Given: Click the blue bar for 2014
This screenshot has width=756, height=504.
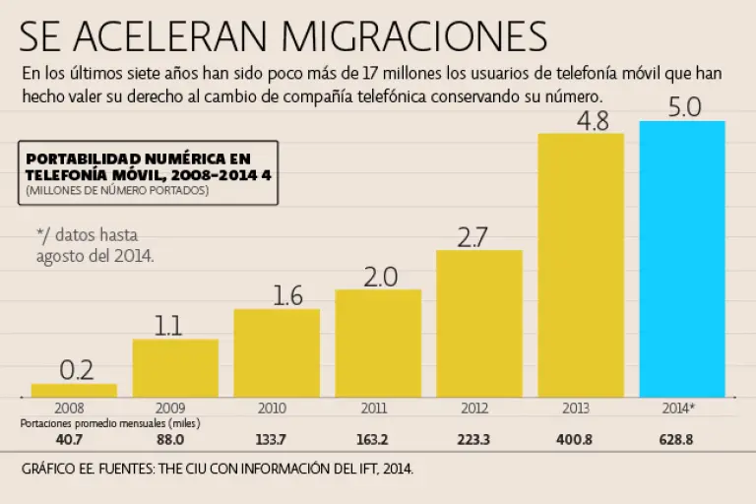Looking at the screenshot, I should tap(682, 258).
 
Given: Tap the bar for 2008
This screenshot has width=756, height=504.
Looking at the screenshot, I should tap(74, 390).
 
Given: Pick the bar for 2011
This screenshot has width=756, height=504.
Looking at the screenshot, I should tap(378, 343).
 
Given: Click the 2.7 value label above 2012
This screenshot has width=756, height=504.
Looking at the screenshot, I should tap(479, 236).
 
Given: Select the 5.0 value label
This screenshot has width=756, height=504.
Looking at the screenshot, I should tap(683, 107).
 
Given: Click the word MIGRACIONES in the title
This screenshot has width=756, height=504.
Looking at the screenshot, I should tap(413, 35).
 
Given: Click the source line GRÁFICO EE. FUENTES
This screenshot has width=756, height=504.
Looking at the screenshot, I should tap(217, 470).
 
